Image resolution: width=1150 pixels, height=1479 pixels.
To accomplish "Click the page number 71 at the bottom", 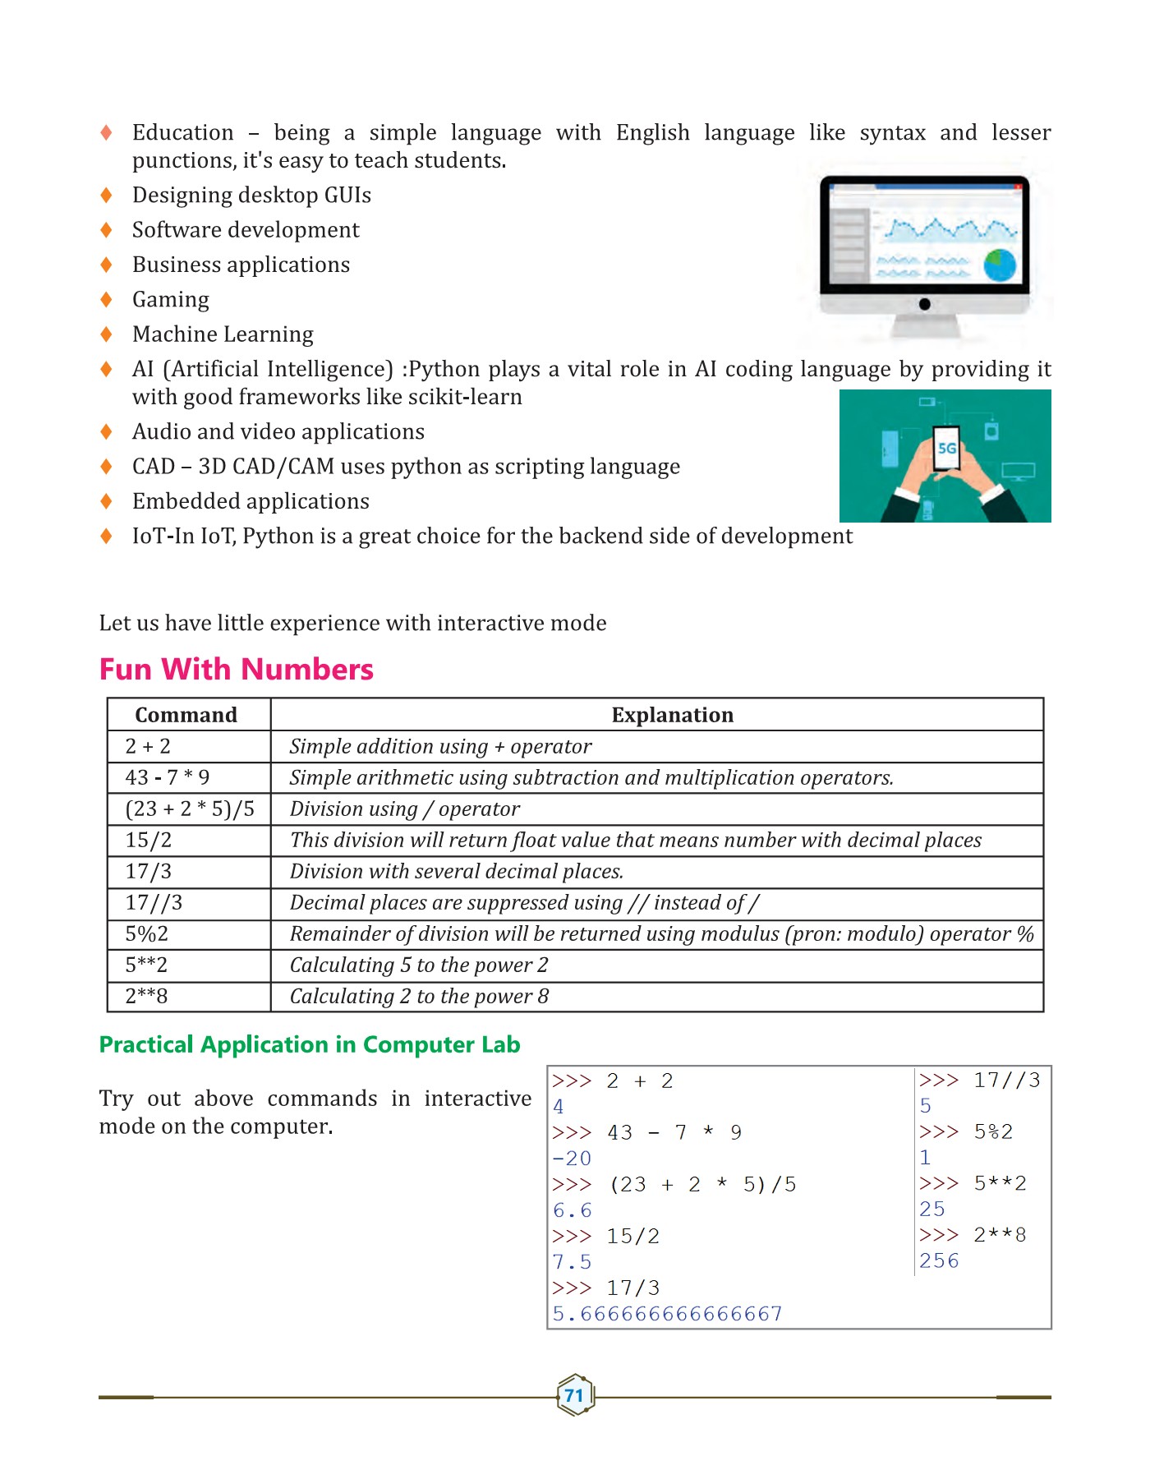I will click(574, 1395).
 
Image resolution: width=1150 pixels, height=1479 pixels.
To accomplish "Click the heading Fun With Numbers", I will click(237, 669).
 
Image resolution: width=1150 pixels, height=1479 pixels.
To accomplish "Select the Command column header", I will click(186, 715).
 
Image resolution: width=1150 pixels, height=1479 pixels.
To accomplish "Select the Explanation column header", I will click(672, 715).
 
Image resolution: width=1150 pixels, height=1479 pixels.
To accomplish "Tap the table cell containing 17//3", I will click(154, 902).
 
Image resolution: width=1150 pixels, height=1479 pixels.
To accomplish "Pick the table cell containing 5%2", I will click(147, 933).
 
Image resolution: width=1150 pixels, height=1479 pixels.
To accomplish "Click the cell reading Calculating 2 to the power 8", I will click(419, 996).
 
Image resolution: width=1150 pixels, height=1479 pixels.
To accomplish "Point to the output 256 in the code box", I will click(939, 1260).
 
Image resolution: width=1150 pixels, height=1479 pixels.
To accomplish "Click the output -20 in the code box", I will click(572, 1159).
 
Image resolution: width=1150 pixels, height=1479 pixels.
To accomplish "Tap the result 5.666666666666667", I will click(667, 1314).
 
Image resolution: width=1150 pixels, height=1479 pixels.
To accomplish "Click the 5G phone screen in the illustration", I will click(947, 448).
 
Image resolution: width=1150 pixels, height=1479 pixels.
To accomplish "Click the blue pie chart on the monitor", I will click(1000, 265).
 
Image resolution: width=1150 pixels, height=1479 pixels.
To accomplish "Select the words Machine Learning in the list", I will click(223, 334).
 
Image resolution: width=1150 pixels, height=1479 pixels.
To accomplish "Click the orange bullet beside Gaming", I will click(106, 299).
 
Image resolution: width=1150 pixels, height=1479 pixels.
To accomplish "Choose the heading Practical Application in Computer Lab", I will click(310, 1044).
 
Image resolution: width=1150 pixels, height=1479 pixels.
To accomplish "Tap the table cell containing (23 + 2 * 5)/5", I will click(190, 809).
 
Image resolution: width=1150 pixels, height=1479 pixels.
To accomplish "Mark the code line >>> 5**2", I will click(973, 1183).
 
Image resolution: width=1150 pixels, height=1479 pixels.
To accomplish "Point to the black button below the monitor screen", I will click(924, 304).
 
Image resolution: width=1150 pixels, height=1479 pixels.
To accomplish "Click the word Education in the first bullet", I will click(183, 132).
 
